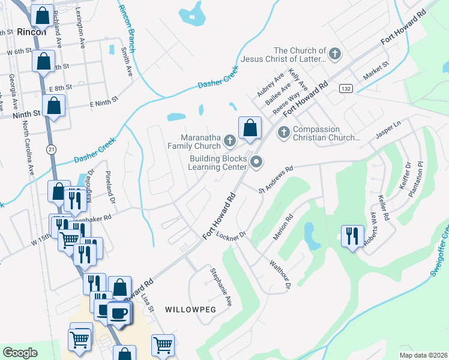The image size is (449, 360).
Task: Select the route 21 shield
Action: (x=53, y=149)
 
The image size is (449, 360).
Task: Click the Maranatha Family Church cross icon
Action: (x=229, y=141)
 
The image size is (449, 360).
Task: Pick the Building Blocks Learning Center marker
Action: (x=257, y=161)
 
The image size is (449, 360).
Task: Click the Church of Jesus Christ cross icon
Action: (x=335, y=55)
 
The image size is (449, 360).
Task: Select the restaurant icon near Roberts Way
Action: (x=352, y=235)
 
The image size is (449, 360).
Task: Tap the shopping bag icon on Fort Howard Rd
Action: (x=250, y=127)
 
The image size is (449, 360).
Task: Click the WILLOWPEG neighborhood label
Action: (x=187, y=308)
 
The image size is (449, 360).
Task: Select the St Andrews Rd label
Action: (x=276, y=179)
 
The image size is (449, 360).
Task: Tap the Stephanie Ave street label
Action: (x=221, y=287)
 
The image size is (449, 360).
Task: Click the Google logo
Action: (x=20, y=352)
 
